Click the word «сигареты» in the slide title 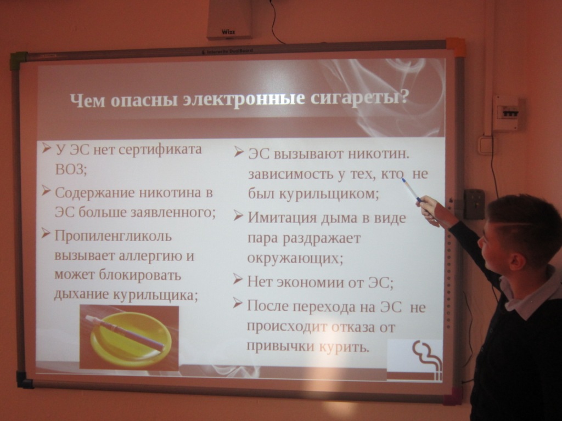pyautogui.click(x=359, y=98)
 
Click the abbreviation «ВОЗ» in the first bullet pyautogui.click(x=71, y=169)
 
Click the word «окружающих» pyautogui.click(x=295, y=258)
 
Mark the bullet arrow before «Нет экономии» pyautogui.click(x=238, y=279)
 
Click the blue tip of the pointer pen pyautogui.click(x=404, y=181)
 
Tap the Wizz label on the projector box pyautogui.click(x=228, y=32)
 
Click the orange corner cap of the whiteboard pyautogui.click(x=456, y=48)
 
